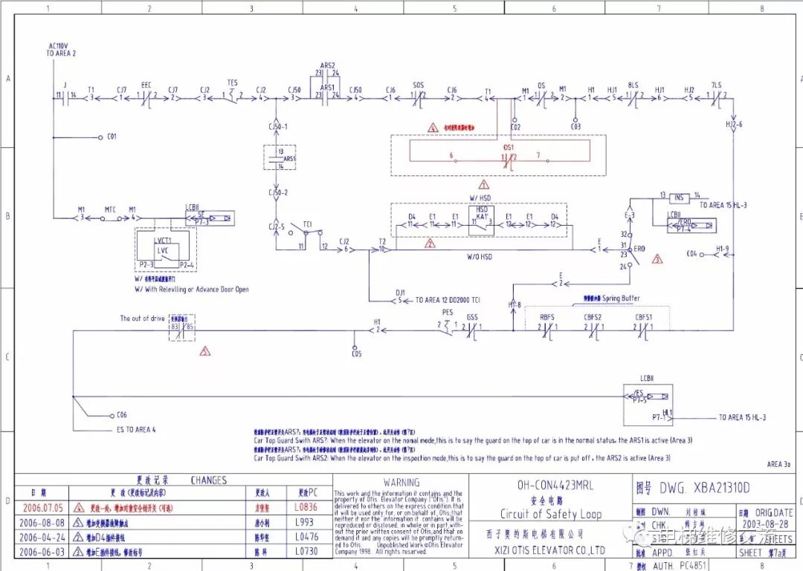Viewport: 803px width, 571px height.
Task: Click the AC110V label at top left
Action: (57, 46)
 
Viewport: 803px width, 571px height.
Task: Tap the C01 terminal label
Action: (112, 137)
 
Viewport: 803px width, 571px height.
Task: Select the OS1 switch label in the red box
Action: (509, 147)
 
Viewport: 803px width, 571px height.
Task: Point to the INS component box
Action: (678, 198)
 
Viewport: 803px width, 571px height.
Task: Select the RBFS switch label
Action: (547, 317)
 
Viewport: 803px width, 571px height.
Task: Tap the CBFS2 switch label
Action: (593, 317)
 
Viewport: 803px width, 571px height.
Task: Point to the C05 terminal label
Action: (356, 354)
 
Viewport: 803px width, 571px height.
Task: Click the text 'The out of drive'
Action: (142, 319)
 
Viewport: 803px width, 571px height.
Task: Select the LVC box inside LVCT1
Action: (163, 251)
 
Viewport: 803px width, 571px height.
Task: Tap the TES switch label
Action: (233, 83)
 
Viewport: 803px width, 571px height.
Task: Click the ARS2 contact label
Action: (327, 65)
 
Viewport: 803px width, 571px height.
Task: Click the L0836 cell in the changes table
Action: (305, 508)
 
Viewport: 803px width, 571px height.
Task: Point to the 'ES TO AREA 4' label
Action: (135, 429)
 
